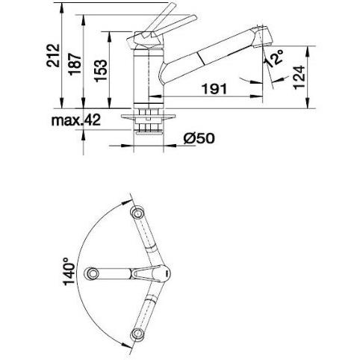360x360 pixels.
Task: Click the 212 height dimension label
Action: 54,55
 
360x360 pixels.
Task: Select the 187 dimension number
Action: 75,64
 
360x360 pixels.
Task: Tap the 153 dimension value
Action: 101,71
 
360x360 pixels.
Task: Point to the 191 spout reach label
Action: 214,89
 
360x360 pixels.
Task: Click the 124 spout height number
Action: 299,77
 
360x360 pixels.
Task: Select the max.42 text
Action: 76,120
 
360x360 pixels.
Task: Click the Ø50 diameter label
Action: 199,138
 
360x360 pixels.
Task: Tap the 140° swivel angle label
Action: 69,271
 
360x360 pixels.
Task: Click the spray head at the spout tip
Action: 262,36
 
